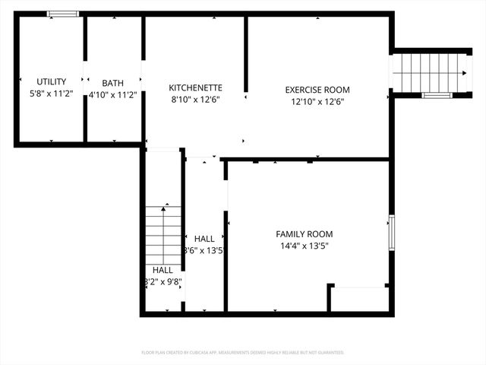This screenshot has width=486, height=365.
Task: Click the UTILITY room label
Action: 52,81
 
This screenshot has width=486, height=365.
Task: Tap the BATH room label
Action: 113,83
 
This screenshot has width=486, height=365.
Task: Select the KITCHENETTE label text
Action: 195,87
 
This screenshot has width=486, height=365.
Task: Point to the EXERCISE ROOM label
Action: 317,89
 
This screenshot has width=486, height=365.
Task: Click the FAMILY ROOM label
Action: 304,234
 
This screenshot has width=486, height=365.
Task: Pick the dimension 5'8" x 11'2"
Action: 52,94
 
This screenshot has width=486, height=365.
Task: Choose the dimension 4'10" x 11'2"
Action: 113,95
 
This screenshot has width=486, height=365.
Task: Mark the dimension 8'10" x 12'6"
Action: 195,100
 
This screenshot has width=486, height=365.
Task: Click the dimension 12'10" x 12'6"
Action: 317,101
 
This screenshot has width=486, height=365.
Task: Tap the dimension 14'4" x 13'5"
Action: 304,246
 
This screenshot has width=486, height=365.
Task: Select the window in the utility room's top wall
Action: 63,14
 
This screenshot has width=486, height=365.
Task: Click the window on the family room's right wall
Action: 392,233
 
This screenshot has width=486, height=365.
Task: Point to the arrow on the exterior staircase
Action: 462,73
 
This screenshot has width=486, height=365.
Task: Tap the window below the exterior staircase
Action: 437,95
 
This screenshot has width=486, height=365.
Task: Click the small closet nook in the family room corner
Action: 359,298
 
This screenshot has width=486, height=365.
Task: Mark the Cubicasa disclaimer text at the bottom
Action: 243,353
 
